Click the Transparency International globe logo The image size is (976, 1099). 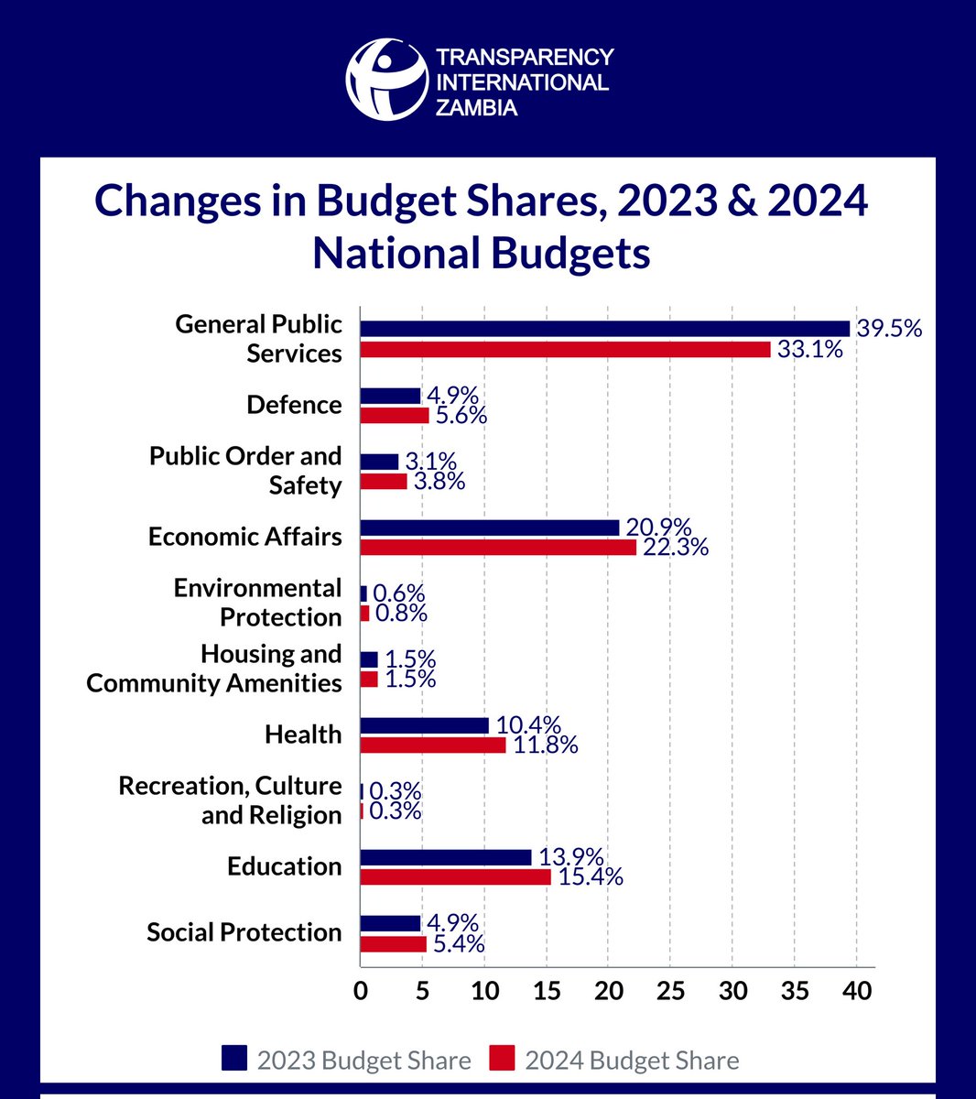coord(386,80)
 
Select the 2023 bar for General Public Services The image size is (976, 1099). coord(604,329)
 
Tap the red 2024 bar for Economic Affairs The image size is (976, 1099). coord(498,548)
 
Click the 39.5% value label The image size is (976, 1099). coord(889,329)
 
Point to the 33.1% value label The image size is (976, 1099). coord(809,349)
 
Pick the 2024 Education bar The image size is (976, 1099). coord(455,877)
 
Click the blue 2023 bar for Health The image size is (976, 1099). coord(424,725)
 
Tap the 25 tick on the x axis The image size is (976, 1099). coord(670,992)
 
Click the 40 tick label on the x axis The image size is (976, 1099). coord(857,992)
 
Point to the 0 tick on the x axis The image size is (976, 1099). coord(361,992)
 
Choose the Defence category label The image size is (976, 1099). coord(294,405)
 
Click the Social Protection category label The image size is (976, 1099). coord(244,932)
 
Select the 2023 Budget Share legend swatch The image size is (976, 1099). coord(234,1059)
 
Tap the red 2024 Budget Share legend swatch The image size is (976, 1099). coord(502,1059)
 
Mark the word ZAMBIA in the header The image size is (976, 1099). coord(476,108)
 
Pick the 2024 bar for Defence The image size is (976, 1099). coord(395,416)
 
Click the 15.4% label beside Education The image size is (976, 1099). coord(591,877)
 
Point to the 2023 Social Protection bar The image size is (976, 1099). coord(390,923)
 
